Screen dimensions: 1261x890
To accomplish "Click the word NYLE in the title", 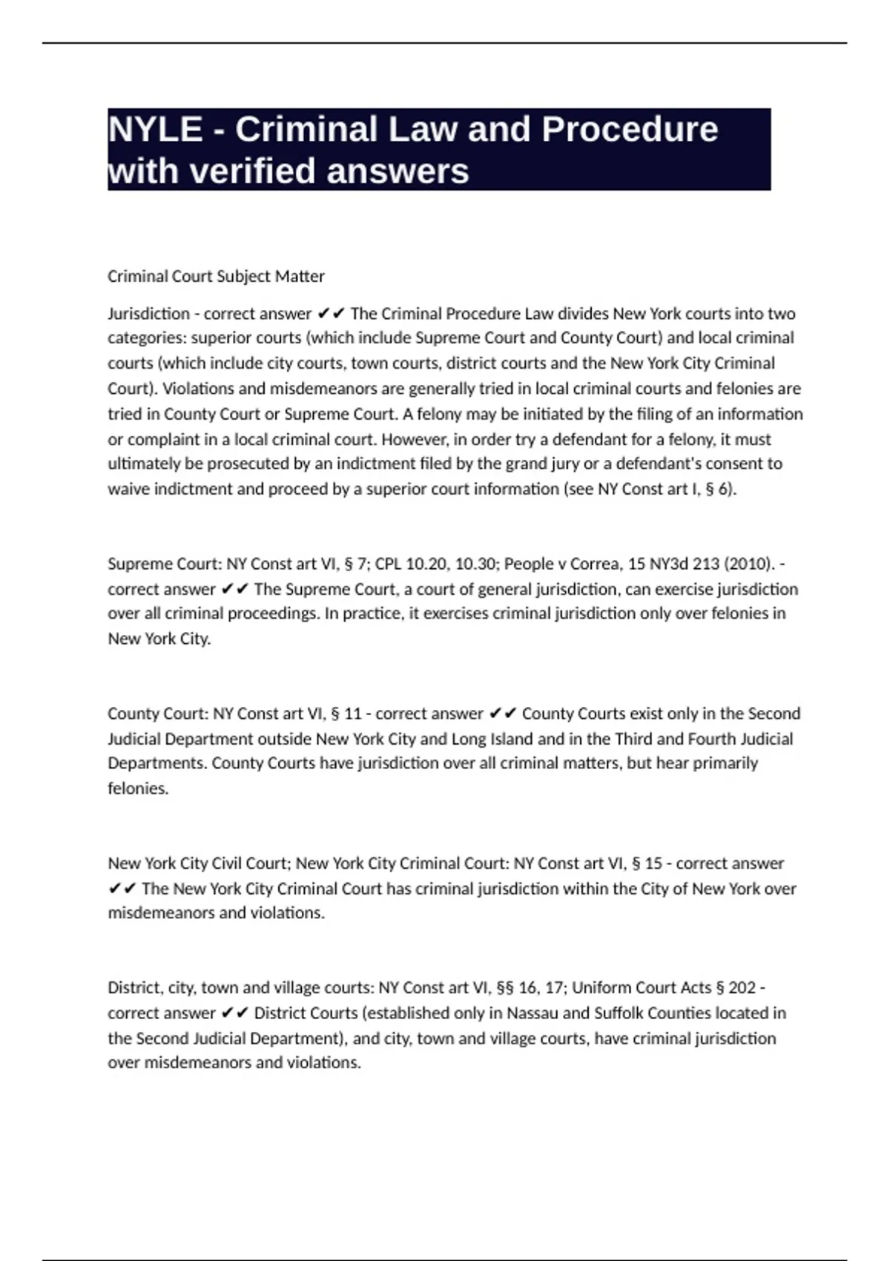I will click(x=155, y=130).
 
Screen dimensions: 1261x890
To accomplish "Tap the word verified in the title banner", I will click(x=254, y=171).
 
